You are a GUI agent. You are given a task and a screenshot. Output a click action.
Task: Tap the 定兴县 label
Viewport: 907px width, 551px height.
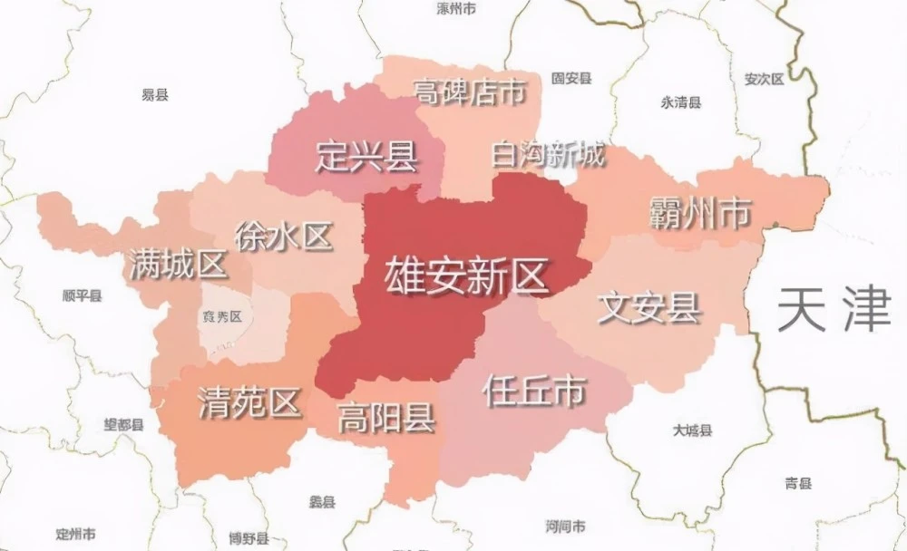pos(366,157)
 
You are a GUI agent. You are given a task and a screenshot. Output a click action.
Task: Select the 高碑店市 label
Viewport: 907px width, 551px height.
pos(469,92)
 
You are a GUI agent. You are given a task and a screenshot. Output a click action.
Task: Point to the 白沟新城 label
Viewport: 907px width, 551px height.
pos(547,155)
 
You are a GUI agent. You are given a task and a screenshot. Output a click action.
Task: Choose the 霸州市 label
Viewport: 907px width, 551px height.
pos(700,214)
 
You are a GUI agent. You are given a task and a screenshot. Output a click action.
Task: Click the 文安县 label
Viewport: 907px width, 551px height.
pos(649,307)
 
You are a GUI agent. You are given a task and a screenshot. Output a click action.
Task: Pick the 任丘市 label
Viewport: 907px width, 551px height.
pos(533,391)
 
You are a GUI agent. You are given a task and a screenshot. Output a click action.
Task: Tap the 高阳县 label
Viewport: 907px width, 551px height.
pos(385,419)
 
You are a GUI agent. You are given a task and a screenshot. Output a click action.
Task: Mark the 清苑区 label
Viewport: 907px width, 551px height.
pos(249,402)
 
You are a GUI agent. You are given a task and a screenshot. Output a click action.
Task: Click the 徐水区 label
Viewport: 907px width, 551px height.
pos(283,237)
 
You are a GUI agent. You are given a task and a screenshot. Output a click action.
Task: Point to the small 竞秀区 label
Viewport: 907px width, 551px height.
pos(223,316)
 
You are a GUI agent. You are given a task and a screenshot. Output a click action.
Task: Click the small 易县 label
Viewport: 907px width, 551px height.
pos(155,94)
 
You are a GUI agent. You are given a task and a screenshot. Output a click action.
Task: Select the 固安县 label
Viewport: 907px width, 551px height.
pos(571,79)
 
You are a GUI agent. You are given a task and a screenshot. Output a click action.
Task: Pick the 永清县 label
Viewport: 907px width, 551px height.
pos(681,102)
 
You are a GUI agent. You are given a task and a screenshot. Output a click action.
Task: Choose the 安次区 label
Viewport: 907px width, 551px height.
pos(763,79)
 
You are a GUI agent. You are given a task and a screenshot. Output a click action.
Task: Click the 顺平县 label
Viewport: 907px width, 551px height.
pos(83,295)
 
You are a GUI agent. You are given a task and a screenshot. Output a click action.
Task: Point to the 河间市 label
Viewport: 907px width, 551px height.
pos(565,526)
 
